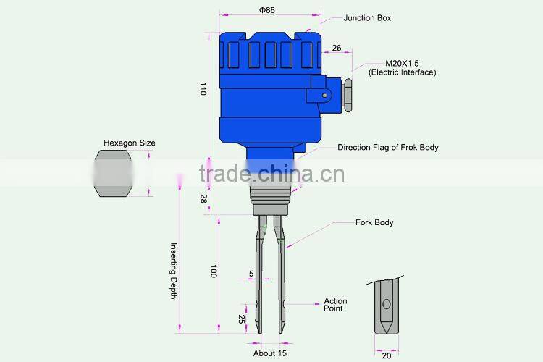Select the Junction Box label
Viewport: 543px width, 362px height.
point(367,18)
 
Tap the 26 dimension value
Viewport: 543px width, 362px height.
point(337,48)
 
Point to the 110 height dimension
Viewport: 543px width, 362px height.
point(203,89)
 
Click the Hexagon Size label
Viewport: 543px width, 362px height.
point(129,143)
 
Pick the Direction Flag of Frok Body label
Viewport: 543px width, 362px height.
point(387,148)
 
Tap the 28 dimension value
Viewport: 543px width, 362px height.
point(203,198)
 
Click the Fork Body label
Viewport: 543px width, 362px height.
point(374,222)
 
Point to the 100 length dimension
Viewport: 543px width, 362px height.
point(214,271)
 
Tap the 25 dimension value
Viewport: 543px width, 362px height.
point(241,318)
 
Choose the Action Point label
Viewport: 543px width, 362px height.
point(335,305)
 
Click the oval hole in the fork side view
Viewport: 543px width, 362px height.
point(386,305)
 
